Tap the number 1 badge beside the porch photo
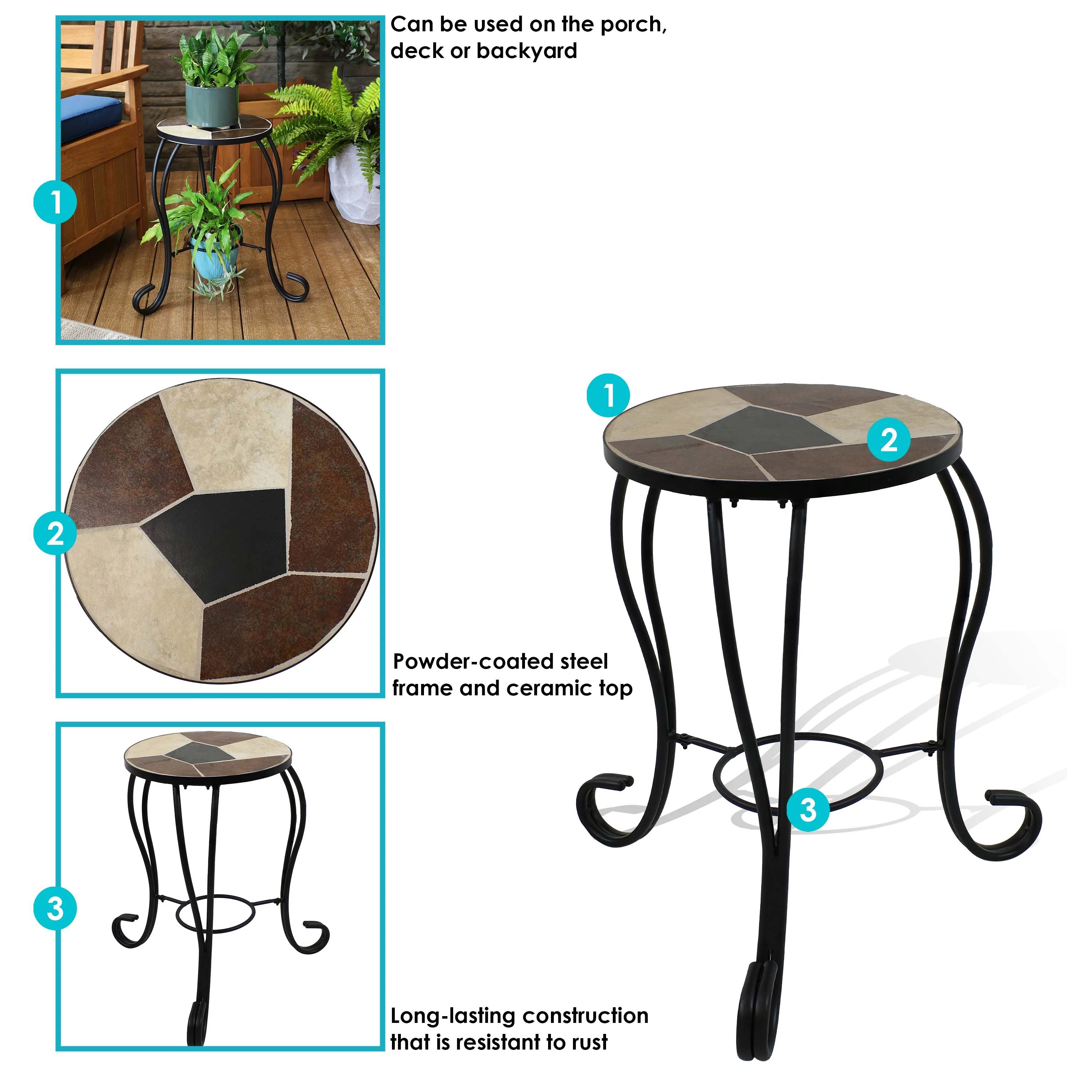click(x=55, y=202)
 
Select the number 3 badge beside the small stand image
click(x=55, y=908)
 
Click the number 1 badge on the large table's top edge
click(x=608, y=396)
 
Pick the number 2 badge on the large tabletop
click(x=888, y=440)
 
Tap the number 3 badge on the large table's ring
click(x=808, y=810)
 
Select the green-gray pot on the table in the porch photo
click(x=212, y=105)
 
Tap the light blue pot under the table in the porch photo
click(x=216, y=257)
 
